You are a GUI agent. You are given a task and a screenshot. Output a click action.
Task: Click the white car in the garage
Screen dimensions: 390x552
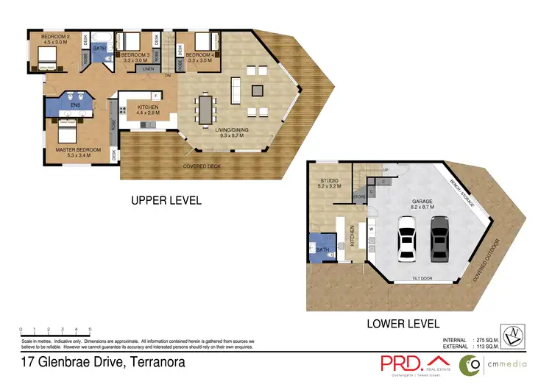[x=408, y=239]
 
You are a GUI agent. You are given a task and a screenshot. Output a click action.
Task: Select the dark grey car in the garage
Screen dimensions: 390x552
[x=439, y=239]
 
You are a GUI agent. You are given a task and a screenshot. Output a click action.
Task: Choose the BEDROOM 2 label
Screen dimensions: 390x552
[x=54, y=37]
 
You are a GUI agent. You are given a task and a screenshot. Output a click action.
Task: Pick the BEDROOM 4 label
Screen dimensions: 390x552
[x=199, y=55]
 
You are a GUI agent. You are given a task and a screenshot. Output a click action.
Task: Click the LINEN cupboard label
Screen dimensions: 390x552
[x=147, y=68]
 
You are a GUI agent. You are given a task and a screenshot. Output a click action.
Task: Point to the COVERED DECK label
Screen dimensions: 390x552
[x=201, y=166]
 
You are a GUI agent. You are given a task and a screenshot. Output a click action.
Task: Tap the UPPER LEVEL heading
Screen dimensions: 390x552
[x=166, y=200]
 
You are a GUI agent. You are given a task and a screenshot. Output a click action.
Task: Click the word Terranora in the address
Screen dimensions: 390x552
[x=156, y=362]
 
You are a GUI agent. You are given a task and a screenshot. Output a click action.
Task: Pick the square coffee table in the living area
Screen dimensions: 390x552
[x=257, y=91]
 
